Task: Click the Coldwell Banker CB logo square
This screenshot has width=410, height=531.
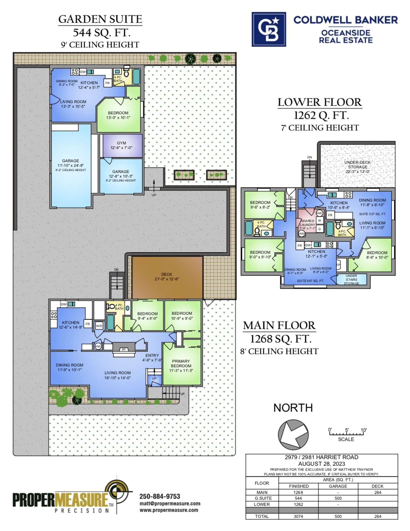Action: point(269,29)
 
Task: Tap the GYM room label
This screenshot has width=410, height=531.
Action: point(121,143)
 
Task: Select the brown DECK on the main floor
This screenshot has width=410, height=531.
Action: point(167,278)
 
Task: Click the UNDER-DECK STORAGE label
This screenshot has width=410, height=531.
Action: point(357,167)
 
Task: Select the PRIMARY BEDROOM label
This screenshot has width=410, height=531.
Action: point(181,363)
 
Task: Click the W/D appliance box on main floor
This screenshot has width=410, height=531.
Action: point(99,326)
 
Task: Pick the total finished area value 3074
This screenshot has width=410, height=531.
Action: point(298,516)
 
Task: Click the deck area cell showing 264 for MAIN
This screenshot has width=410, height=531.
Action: point(378,492)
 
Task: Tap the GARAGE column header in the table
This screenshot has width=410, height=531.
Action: point(338,486)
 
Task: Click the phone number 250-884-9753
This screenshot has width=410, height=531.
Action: point(160,496)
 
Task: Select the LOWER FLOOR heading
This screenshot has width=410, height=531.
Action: point(320,102)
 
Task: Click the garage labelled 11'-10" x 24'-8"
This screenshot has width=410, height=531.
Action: point(71,165)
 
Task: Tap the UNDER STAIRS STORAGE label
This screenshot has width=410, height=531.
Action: point(351,279)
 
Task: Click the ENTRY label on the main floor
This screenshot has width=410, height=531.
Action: point(152,355)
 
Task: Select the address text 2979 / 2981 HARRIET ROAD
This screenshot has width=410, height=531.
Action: point(322,457)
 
